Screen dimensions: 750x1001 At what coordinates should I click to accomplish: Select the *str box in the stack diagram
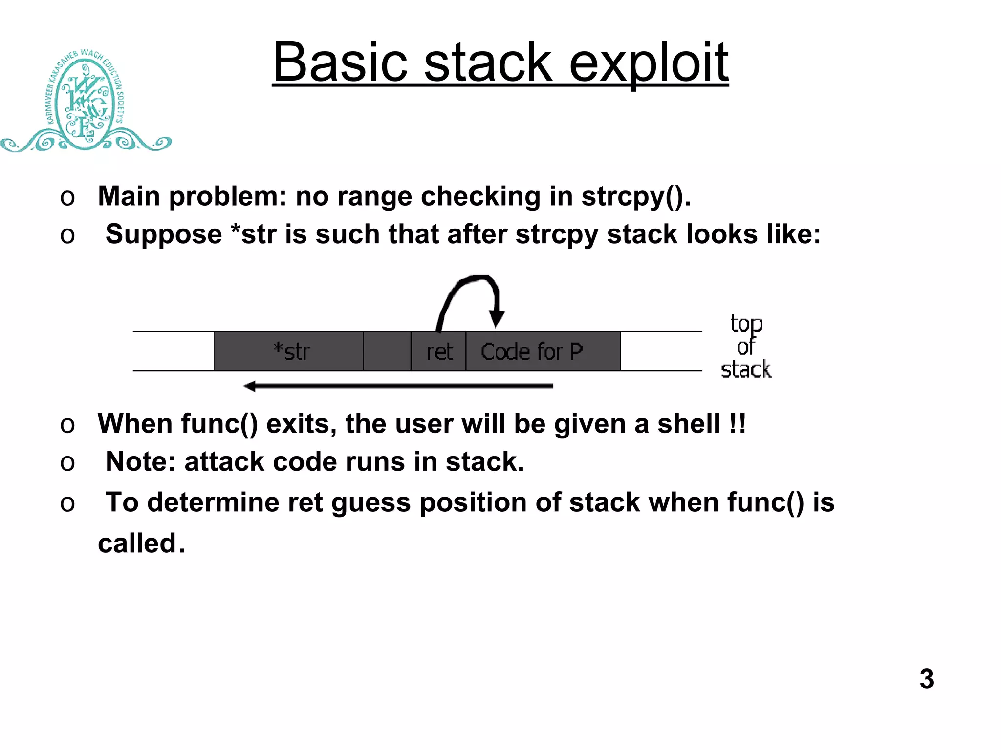tap(289, 351)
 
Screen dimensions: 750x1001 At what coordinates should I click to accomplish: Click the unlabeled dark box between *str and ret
tap(387, 351)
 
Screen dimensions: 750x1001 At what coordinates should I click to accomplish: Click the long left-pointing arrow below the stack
tap(398, 386)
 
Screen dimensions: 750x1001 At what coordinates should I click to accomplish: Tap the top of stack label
tap(745, 347)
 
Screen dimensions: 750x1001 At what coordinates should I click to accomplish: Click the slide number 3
tap(926, 679)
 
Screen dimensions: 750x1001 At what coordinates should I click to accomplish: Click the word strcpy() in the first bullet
tap(635, 197)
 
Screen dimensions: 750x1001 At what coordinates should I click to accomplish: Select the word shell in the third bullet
tap(688, 424)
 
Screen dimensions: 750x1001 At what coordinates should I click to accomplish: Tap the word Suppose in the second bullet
tap(163, 235)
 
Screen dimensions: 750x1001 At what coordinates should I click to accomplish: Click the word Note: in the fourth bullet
tap(140, 462)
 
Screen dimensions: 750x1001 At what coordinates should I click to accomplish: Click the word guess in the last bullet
tap(370, 503)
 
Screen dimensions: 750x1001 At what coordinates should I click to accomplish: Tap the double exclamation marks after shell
tap(737, 424)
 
